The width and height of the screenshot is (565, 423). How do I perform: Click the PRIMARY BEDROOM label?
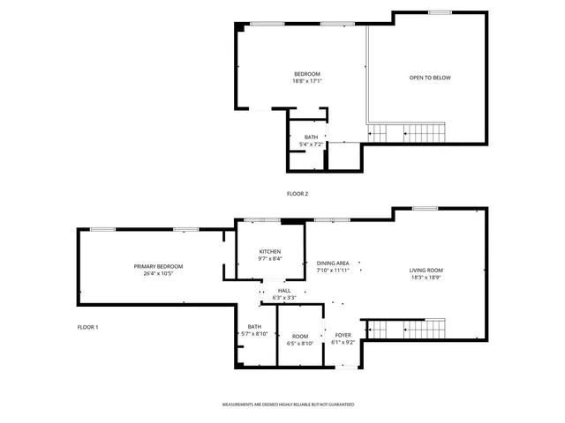coord(158,266)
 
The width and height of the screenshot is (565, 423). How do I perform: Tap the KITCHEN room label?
coord(270,251)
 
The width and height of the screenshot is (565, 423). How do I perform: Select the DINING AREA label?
coord(333,263)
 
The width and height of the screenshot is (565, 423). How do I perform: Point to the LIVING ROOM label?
coord(426,270)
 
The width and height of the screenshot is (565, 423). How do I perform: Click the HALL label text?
coord(284,291)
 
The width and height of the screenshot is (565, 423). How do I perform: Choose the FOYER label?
coord(342,335)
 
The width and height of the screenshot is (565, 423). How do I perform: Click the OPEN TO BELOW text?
coord(430,78)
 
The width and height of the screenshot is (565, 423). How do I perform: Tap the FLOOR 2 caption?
coord(298,193)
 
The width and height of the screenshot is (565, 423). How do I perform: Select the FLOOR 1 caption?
coord(87,328)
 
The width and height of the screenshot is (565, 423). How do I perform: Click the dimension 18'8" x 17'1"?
coord(307,81)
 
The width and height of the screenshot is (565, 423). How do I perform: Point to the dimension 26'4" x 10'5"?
coord(158,274)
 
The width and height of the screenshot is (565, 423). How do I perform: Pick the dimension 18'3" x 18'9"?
coord(426,278)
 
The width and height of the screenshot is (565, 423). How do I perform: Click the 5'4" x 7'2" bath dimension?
coord(311,145)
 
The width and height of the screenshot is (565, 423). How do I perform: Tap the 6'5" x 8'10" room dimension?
coord(300,343)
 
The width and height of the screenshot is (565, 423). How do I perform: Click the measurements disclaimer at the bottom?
coord(288,404)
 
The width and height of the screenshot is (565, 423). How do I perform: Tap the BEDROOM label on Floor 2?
coord(307,73)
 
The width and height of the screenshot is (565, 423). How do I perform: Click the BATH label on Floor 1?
coord(254,327)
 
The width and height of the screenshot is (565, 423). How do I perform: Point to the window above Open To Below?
coord(440,12)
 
